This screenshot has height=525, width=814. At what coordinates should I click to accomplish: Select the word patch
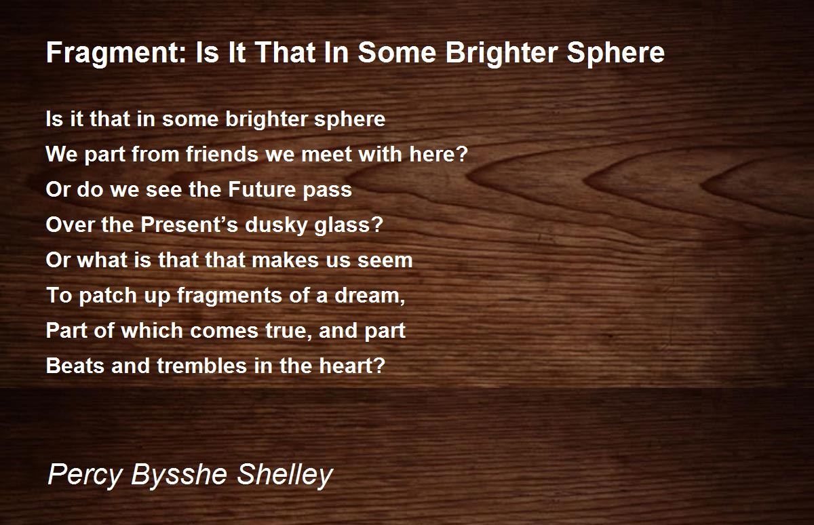click(102, 296)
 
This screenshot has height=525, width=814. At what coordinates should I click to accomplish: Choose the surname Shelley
click(285, 475)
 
